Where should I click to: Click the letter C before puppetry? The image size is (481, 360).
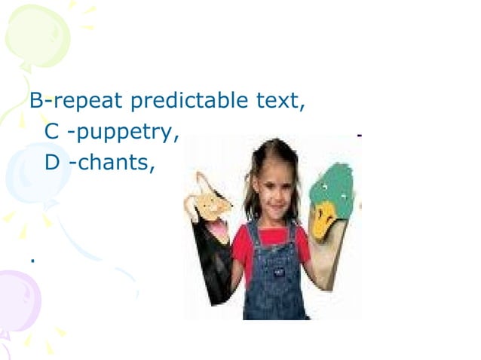tap(51, 132)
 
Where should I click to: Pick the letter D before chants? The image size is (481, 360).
tap(52, 162)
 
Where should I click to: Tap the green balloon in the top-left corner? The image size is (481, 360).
tap(38, 35)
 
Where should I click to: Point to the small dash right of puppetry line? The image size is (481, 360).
tap(359, 135)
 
